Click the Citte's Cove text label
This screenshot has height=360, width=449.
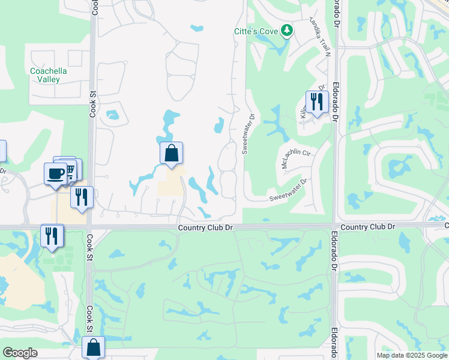pyautogui.click(x=256, y=31)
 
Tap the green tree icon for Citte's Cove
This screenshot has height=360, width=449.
pyautogui.click(x=287, y=30)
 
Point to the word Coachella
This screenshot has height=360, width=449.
pyautogui.click(x=49, y=71)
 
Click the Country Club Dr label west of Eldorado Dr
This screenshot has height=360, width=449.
pyautogui.click(x=205, y=227)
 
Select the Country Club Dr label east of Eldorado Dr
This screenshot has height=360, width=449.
pyautogui.click(x=367, y=227)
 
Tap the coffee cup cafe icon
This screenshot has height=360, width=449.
pyautogui.click(x=56, y=173)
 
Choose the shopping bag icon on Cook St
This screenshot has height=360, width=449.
pyautogui.click(x=94, y=347)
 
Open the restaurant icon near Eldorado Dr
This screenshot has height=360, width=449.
pyautogui.click(x=316, y=101)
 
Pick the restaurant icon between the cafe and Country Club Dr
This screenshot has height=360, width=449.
pyautogui.click(x=82, y=197)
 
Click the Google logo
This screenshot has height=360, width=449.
pyautogui.click(x=20, y=353)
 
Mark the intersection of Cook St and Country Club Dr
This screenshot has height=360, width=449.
pyautogui.click(x=90, y=227)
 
